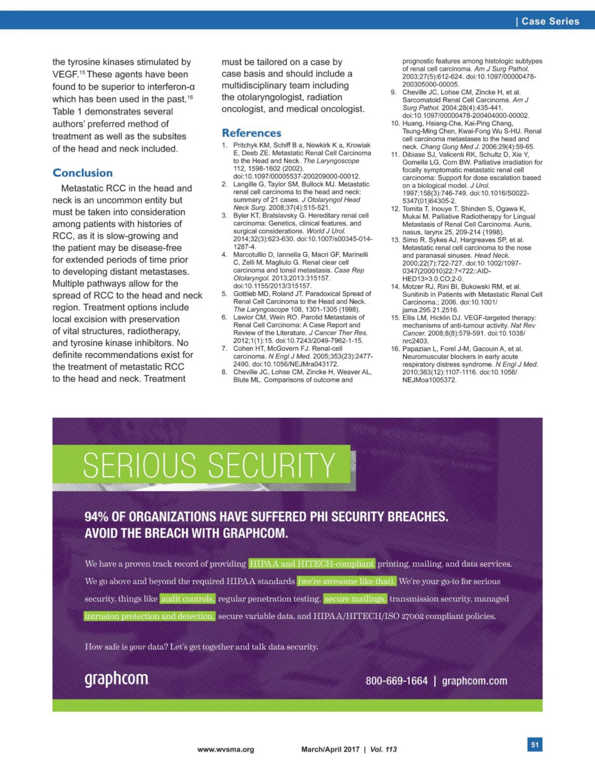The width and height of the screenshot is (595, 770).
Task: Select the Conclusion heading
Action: (x=83, y=173)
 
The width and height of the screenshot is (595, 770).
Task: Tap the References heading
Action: (x=251, y=133)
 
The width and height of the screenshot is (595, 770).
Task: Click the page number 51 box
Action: (x=535, y=744)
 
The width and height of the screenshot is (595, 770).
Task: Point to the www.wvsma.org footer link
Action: (x=225, y=749)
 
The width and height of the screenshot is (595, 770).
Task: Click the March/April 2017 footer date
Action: (x=330, y=749)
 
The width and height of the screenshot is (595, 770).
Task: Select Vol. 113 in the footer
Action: (x=383, y=749)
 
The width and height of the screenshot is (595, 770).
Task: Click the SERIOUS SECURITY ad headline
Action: (x=209, y=465)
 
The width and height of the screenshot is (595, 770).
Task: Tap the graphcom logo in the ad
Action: (x=116, y=679)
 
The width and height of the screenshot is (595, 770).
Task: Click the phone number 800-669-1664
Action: (x=396, y=681)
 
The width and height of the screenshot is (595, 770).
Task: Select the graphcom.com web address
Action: (x=474, y=681)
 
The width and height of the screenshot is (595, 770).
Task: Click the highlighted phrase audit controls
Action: (x=188, y=599)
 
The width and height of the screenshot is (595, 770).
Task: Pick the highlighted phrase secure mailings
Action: (x=354, y=599)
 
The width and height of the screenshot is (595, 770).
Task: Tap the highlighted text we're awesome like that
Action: (x=346, y=581)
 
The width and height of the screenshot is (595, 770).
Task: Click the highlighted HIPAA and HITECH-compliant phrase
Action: (x=311, y=564)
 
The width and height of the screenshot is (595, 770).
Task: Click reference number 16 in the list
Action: (x=395, y=349)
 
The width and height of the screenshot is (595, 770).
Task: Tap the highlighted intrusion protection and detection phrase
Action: (x=149, y=616)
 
